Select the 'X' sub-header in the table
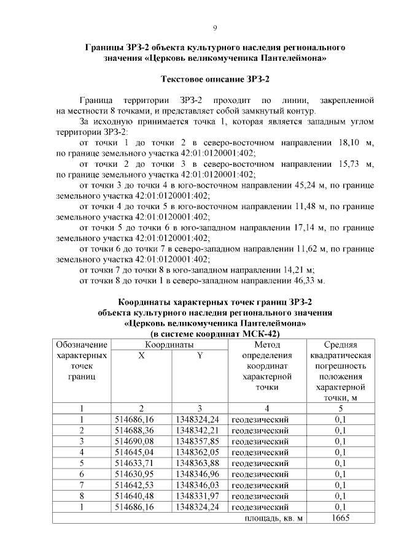click(x=141, y=356)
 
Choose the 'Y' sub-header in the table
click(x=199, y=356)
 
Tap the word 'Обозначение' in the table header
click(x=82, y=345)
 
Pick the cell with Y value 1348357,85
click(x=196, y=441)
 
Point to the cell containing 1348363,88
click(x=196, y=463)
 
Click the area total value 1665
click(x=340, y=519)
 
